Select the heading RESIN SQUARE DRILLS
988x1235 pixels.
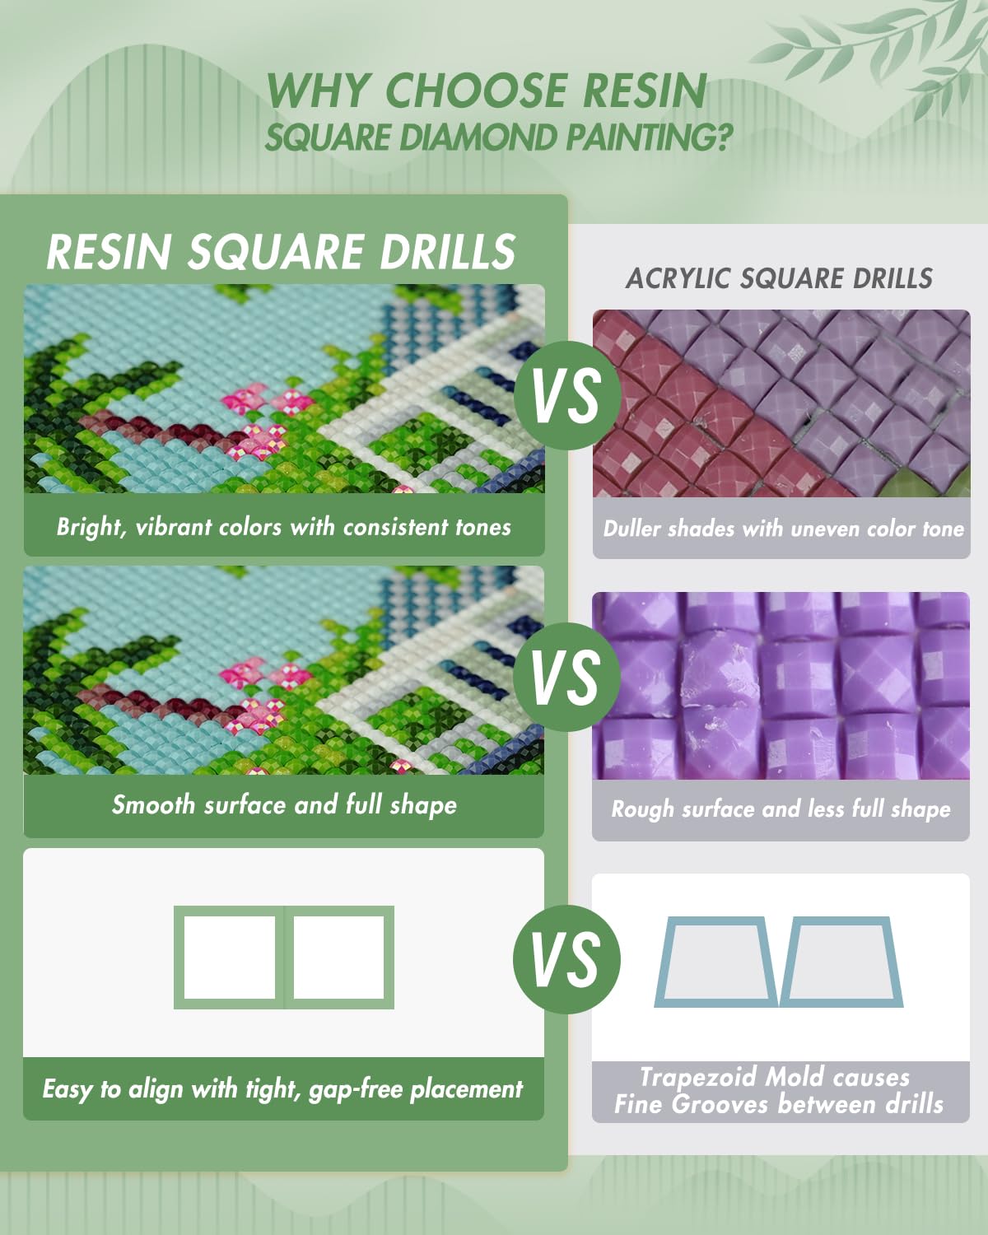tap(281, 251)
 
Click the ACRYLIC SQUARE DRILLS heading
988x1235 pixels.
tap(779, 279)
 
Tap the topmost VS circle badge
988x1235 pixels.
tap(567, 395)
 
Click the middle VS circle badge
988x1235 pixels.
tap(567, 677)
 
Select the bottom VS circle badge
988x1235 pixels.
tap(567, 959)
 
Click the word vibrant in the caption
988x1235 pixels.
tap(174, 527)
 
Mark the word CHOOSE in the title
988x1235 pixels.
tap(475, 91)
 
